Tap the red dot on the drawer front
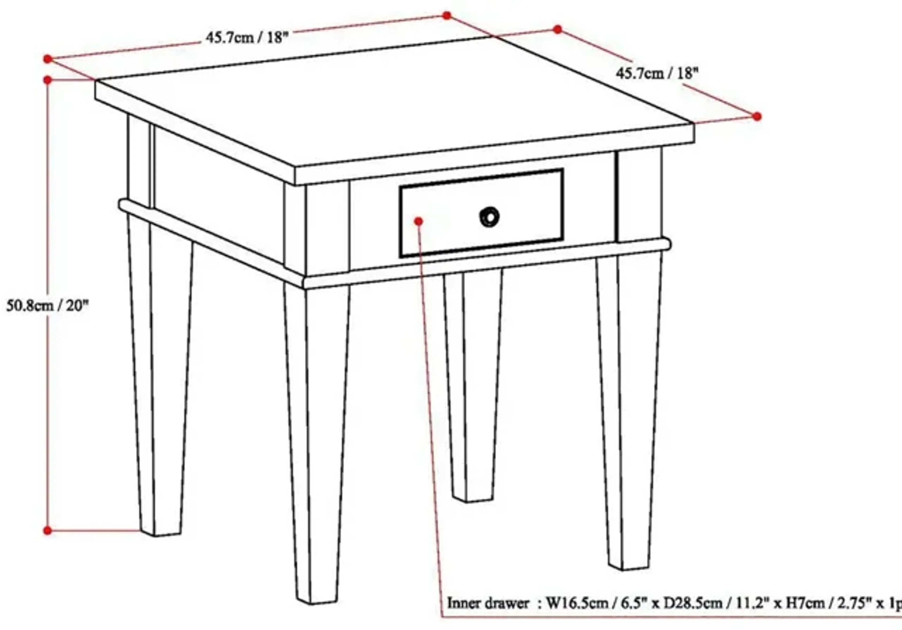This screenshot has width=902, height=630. [419, 221]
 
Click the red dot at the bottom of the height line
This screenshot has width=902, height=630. [47, 531]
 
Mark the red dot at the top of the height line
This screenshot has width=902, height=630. [47, 80]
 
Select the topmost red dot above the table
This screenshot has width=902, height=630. [447, 15]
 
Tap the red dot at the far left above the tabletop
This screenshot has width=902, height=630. [47, 59]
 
